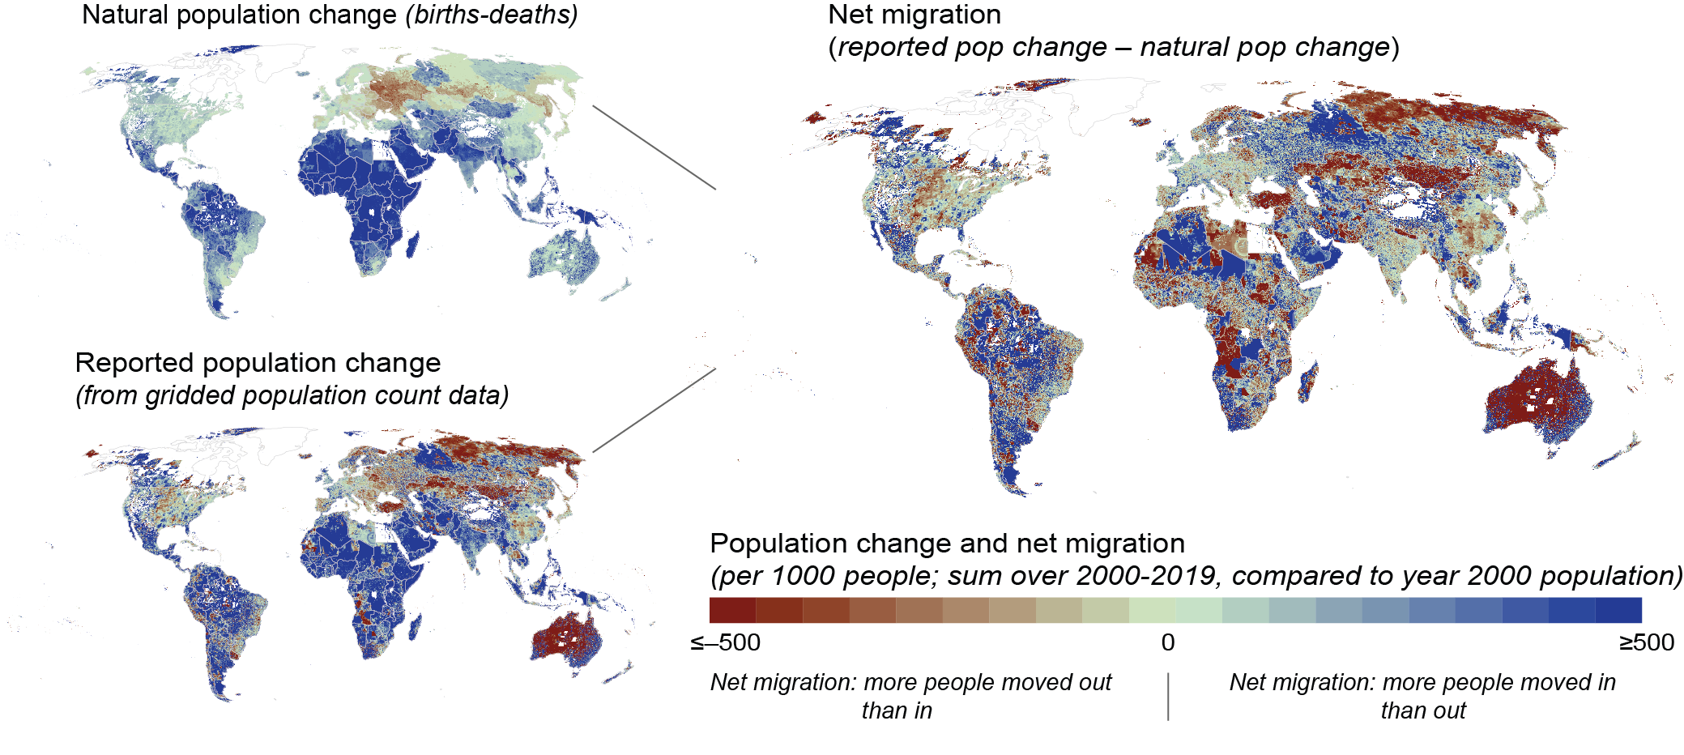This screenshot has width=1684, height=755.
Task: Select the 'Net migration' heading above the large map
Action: point(914,15)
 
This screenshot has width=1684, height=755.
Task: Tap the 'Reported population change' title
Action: point(258,363)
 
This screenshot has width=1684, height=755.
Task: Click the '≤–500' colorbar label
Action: point(725,643)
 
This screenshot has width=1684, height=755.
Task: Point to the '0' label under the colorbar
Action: point(1167,643)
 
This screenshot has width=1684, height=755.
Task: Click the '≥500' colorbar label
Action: point(1646,643)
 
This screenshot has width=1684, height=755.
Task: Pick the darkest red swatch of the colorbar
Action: point(732,610)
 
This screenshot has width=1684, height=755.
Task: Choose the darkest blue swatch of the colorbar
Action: point(1618,610)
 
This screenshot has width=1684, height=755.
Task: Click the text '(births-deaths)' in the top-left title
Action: point(492,15)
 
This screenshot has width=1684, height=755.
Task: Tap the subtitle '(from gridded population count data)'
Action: point(292,396)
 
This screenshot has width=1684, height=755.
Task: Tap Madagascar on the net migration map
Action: point(1307,382)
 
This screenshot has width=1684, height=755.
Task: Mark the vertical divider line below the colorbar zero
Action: point(1168,696)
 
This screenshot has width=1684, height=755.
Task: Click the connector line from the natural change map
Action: point(654,147)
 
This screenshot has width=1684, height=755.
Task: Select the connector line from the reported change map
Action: point(654,410)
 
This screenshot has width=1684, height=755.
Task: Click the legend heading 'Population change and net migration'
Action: point(947,544)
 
